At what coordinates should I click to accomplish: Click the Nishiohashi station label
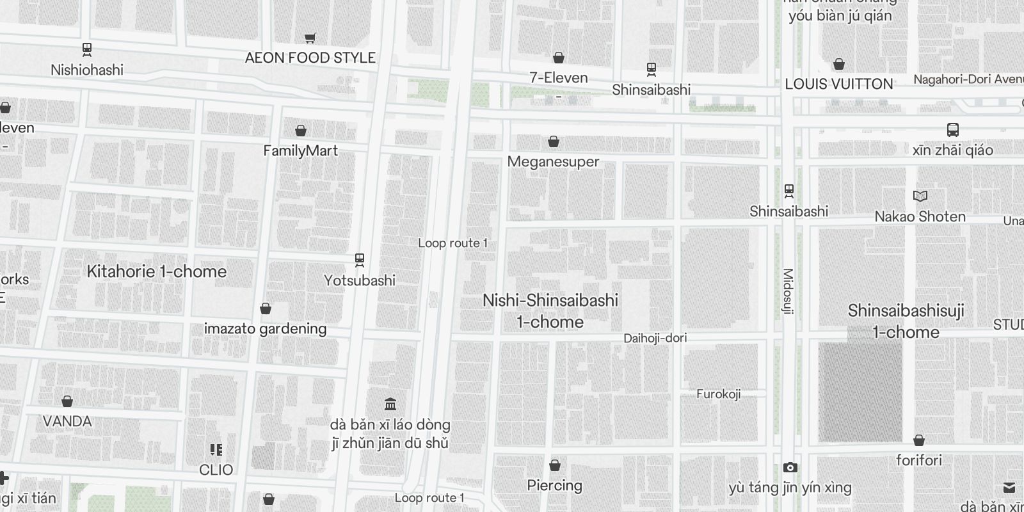pyautogui.click(x=87, y=70)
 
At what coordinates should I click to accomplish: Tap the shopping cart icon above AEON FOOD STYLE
pyautogui.click(x=310, y=38)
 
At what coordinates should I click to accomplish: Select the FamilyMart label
pyautogui.click(x=300, y=151)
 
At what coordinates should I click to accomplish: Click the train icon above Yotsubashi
pyautogui.click(x=360, y=260)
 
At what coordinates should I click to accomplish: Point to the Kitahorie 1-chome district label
pyautogui.click(x=157, y=271)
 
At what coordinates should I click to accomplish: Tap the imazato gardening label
pyautogui.click(x=265, y=329)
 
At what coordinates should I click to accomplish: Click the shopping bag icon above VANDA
pyautogui.click(x=67, y=401)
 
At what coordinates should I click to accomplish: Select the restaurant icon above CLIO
pyautogui.click(x=216, y=450)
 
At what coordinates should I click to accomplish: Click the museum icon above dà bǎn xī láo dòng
pyautogui.click(x=390, y=404)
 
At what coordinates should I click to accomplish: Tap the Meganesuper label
pyautogui.click(x=553, y=162)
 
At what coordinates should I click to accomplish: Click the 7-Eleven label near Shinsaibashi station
pyautogui.click(x=558, y=78)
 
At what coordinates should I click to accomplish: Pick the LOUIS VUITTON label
pyautogui.click(x=838, y=84)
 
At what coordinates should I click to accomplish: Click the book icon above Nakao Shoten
pyautogui.click(x=920, y=196)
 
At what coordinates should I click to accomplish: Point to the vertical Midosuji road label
pyautogui.click(x=788, y=291)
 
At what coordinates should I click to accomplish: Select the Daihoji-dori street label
pyautogui.click(x=655, y=338)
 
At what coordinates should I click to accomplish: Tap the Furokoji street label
pyautogui.click(x=718, y=394)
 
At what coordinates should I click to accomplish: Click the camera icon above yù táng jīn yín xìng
pyautogui.click(x=790, y=468)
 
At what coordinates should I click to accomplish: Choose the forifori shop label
pyautogui.click(x=919, y=460)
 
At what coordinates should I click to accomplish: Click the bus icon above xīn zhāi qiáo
pyautogui.click(x=953, y=130)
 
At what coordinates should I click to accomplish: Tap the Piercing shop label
pyautogui.click(x=554, y=486)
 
